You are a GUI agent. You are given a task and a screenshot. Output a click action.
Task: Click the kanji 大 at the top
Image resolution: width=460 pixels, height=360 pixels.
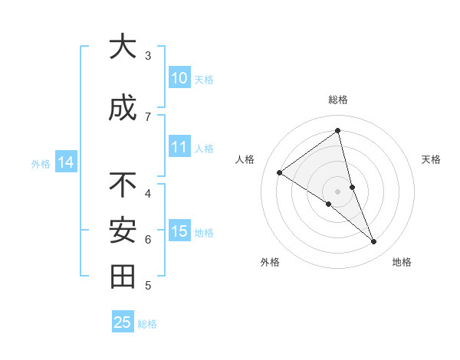pyautogui.click(x=122, y=47)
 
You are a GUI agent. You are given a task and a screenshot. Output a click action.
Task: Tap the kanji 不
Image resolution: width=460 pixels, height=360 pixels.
pyautogui.click(x=122, y=185)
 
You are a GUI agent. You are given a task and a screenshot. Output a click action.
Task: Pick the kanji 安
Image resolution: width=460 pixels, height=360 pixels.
pyautogui.click(x=122, y=231)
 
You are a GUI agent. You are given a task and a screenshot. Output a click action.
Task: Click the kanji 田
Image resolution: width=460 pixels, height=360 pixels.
pyautogui.click(x=122, y=277)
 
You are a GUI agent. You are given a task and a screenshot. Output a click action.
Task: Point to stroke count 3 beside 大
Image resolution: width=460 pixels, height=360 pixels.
pyautogui.click(x=148, y=55)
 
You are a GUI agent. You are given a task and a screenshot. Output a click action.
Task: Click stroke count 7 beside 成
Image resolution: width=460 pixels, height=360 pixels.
pyautogui.click(x=148, y=116)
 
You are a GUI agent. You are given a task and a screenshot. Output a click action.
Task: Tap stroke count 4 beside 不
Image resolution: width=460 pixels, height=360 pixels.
pyautogui.click(x=148, y=193)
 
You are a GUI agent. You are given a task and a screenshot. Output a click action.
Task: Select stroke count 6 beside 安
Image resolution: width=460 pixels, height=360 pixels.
pyautogui.click(x=148, y=239)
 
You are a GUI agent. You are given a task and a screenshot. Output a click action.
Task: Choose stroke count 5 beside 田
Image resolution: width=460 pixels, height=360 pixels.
pyautogui.click(x=148, y=286)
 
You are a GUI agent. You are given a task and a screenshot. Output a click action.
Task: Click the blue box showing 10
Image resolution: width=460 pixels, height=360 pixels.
pyautogui.click(x=179, y=78)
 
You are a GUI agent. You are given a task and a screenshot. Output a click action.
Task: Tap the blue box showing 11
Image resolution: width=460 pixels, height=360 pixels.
pyautogui.click(x=179, y=147)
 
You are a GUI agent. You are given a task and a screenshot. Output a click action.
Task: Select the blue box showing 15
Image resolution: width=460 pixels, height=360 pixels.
pyautogui.click(x=179, y=231)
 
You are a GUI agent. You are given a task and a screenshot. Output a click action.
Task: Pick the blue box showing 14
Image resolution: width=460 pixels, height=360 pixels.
pyautogui.click(x=65, y=162)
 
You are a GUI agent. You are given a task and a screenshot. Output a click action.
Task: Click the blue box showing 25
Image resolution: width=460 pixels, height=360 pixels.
pyautogui.click(x=122, y=322)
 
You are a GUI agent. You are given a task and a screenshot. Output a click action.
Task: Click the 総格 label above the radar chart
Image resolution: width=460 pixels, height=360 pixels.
pyautogui.click(x=338, y=100)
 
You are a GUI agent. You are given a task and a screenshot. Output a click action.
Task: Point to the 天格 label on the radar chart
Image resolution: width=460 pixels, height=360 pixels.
pyautogui.click(x=432, y=159)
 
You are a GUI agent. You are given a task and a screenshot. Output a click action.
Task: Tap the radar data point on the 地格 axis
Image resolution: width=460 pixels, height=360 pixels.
pyautogui.click(x=374, y=242)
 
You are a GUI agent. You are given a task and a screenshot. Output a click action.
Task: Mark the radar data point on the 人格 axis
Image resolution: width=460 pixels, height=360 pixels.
pyautogui.click(x=280, y=172)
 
